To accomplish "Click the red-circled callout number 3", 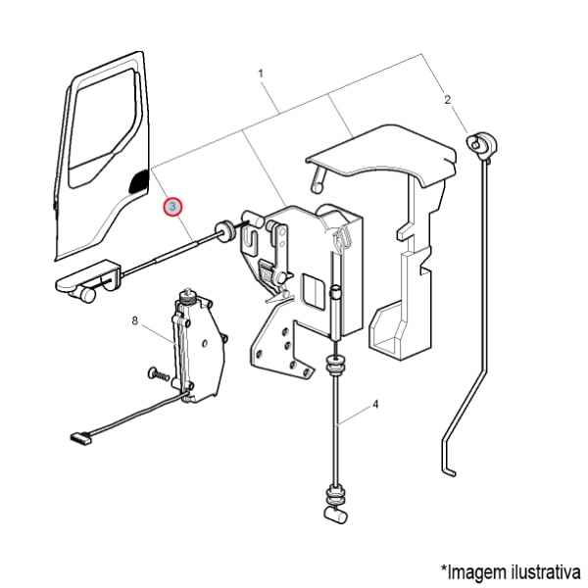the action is (x=172, y=207).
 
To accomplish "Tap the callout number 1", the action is (x=261, y=73).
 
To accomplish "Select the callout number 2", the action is (x=447, y=100).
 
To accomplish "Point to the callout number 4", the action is (x=375, y=405).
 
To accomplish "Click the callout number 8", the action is (x=135, y=321).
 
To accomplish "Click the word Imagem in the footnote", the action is (x=476, y=572).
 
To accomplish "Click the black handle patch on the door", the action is (x=139, y=181).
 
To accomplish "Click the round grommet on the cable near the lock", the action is (x=224, y=231).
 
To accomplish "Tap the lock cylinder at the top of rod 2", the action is (x=482, y=144).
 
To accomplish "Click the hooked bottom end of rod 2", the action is (x=449, y=469).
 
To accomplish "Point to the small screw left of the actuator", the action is (x=159, y=373).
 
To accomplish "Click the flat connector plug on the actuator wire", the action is (x=80, y=437).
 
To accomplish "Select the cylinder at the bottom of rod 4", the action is (x=335, y=514).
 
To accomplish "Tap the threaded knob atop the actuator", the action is (x=186, y=297).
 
